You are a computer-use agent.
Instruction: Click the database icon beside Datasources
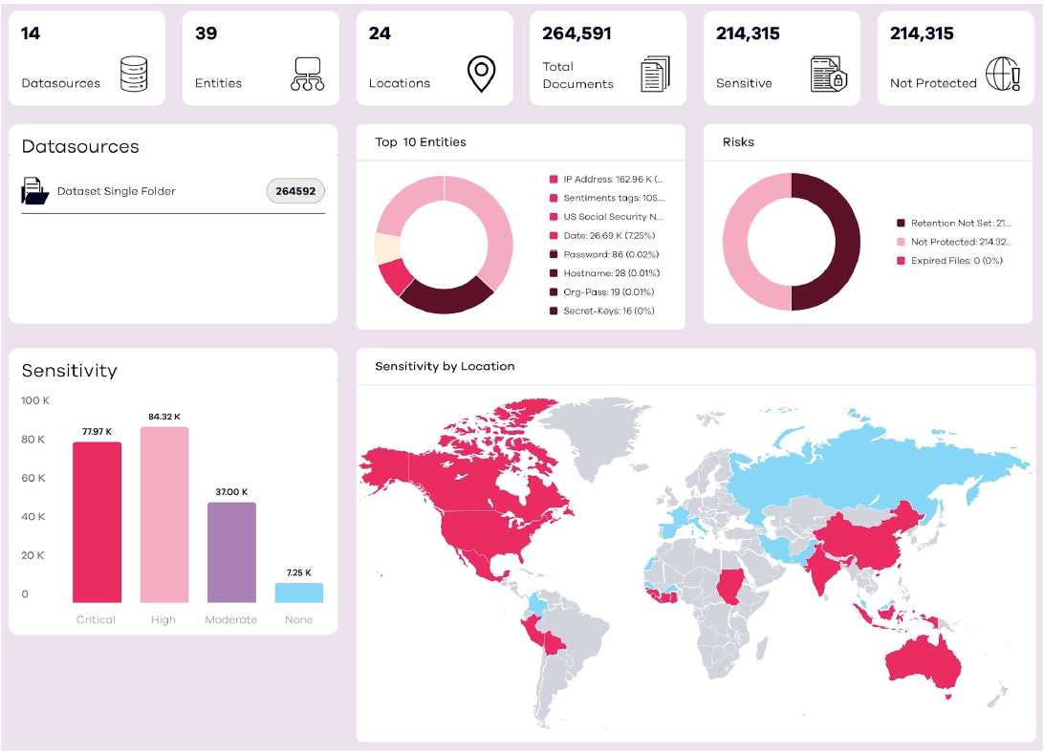coord(134,74)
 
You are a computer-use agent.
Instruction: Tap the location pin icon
coord(481,74)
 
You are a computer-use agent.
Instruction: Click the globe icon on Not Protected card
coord(1002,74)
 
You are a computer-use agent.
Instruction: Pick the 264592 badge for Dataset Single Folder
coord(295,191)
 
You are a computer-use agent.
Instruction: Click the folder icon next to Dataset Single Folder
coord(35,191)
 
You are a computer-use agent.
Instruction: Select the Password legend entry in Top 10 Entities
coord(610,254)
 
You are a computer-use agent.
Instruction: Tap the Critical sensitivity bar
coord(97,522)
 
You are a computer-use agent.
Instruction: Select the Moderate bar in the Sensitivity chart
coord(231,552)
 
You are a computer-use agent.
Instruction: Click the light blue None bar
coord(298,592)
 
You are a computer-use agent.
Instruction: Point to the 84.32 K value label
coord(164,417)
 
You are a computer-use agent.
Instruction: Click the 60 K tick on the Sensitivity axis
coord(33,478)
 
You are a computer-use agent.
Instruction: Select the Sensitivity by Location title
coord(445,366)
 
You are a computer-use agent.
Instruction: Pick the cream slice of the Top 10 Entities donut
coord(387,247)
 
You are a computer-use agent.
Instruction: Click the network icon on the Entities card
coord(307,74)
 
